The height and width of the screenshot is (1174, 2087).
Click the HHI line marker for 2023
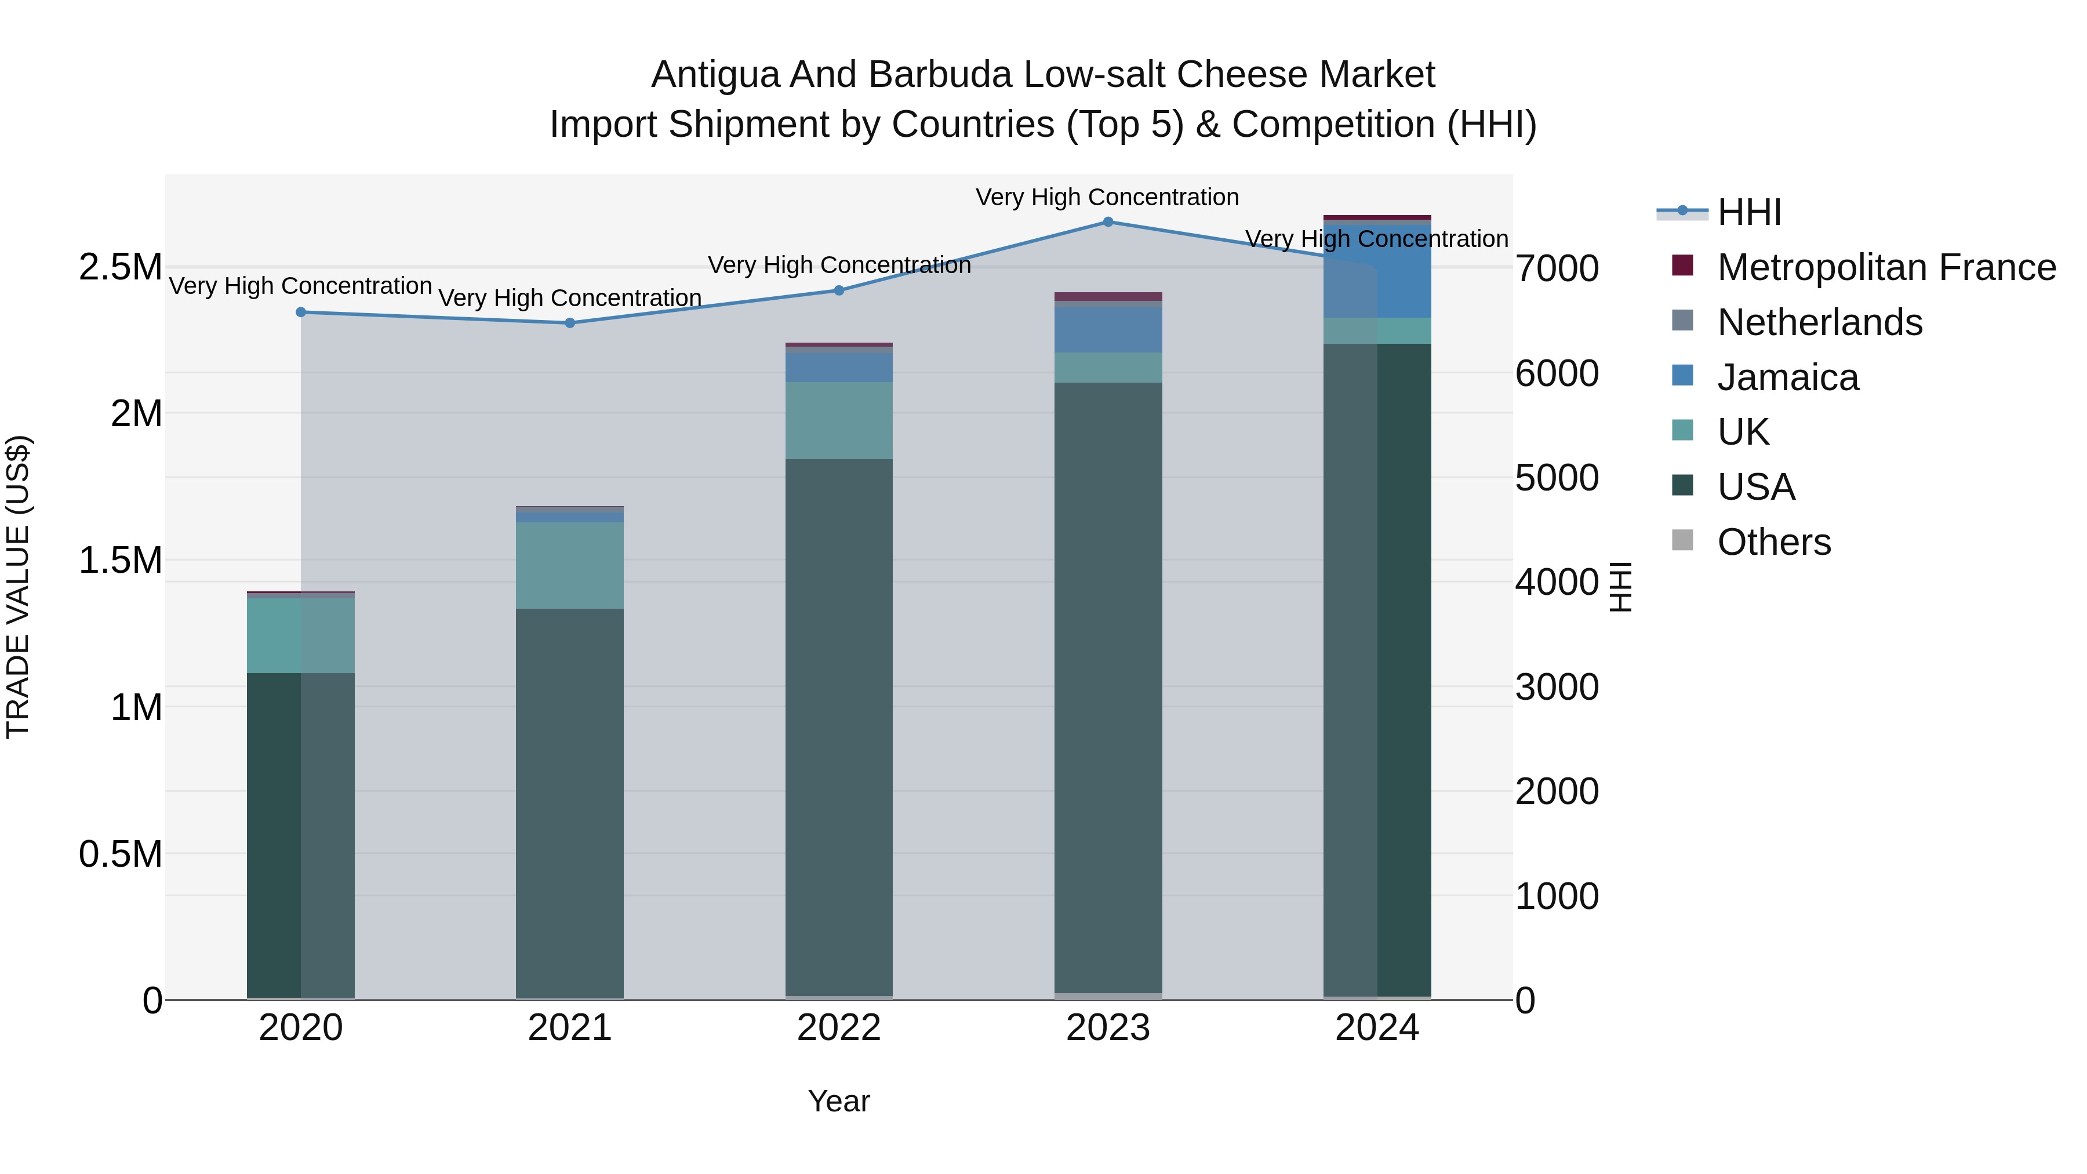coord(1107,222)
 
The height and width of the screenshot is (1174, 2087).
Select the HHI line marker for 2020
coord(300,312)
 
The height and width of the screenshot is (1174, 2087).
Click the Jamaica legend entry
coord(1787,377)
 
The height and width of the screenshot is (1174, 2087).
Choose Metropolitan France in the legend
coord(1885,267)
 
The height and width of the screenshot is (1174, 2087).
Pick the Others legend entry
coord(1773,542)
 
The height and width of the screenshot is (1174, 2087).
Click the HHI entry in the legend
coord(1748,212)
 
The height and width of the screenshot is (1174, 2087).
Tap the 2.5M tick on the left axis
coord(120,267)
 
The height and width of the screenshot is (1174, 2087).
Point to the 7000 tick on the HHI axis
coord(1557,269)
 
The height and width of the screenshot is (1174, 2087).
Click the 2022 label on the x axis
coord(838,1028)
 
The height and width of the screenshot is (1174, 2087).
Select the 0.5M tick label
coord(120,854)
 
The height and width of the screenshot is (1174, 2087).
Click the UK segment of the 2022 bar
coord(838,420)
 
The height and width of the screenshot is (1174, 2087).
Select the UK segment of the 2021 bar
coord(569,565)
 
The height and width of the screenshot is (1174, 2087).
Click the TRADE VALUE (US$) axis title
coord(18,587)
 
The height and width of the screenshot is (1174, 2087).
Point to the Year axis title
coord(838,1101)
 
